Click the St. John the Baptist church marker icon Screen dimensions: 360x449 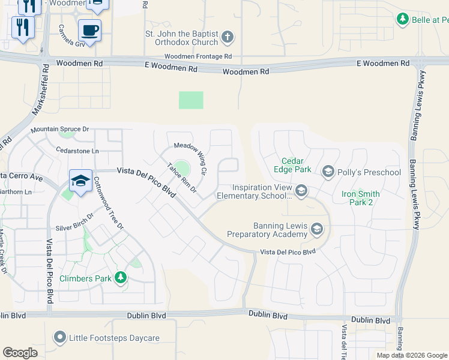point(228,38)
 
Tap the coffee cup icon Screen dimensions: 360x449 point(89,29)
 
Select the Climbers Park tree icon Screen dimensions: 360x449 point(121,278)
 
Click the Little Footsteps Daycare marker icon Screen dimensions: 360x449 point(59,338)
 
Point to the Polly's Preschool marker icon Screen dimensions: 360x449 point(328,172)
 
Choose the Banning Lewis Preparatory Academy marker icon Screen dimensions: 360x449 point(317,229)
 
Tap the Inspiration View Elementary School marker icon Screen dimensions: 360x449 point(301,191)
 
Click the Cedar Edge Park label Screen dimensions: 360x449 point(297,165)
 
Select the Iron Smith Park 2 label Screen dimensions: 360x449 point(360,198)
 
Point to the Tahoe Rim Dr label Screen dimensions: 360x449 point(182,178)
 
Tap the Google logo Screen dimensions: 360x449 point(20,353)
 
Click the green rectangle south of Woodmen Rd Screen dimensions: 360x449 point(191,100)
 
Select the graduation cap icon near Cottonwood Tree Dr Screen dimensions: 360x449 point(80,179)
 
